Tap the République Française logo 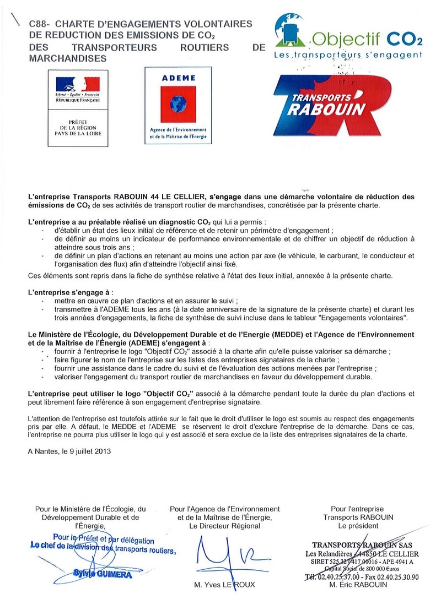[x=77, y=88]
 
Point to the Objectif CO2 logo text [x=366, y=38]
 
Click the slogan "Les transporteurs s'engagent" [x=348, y=55]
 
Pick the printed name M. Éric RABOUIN [x=357, y=585]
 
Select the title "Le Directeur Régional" [x=224, y=526]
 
